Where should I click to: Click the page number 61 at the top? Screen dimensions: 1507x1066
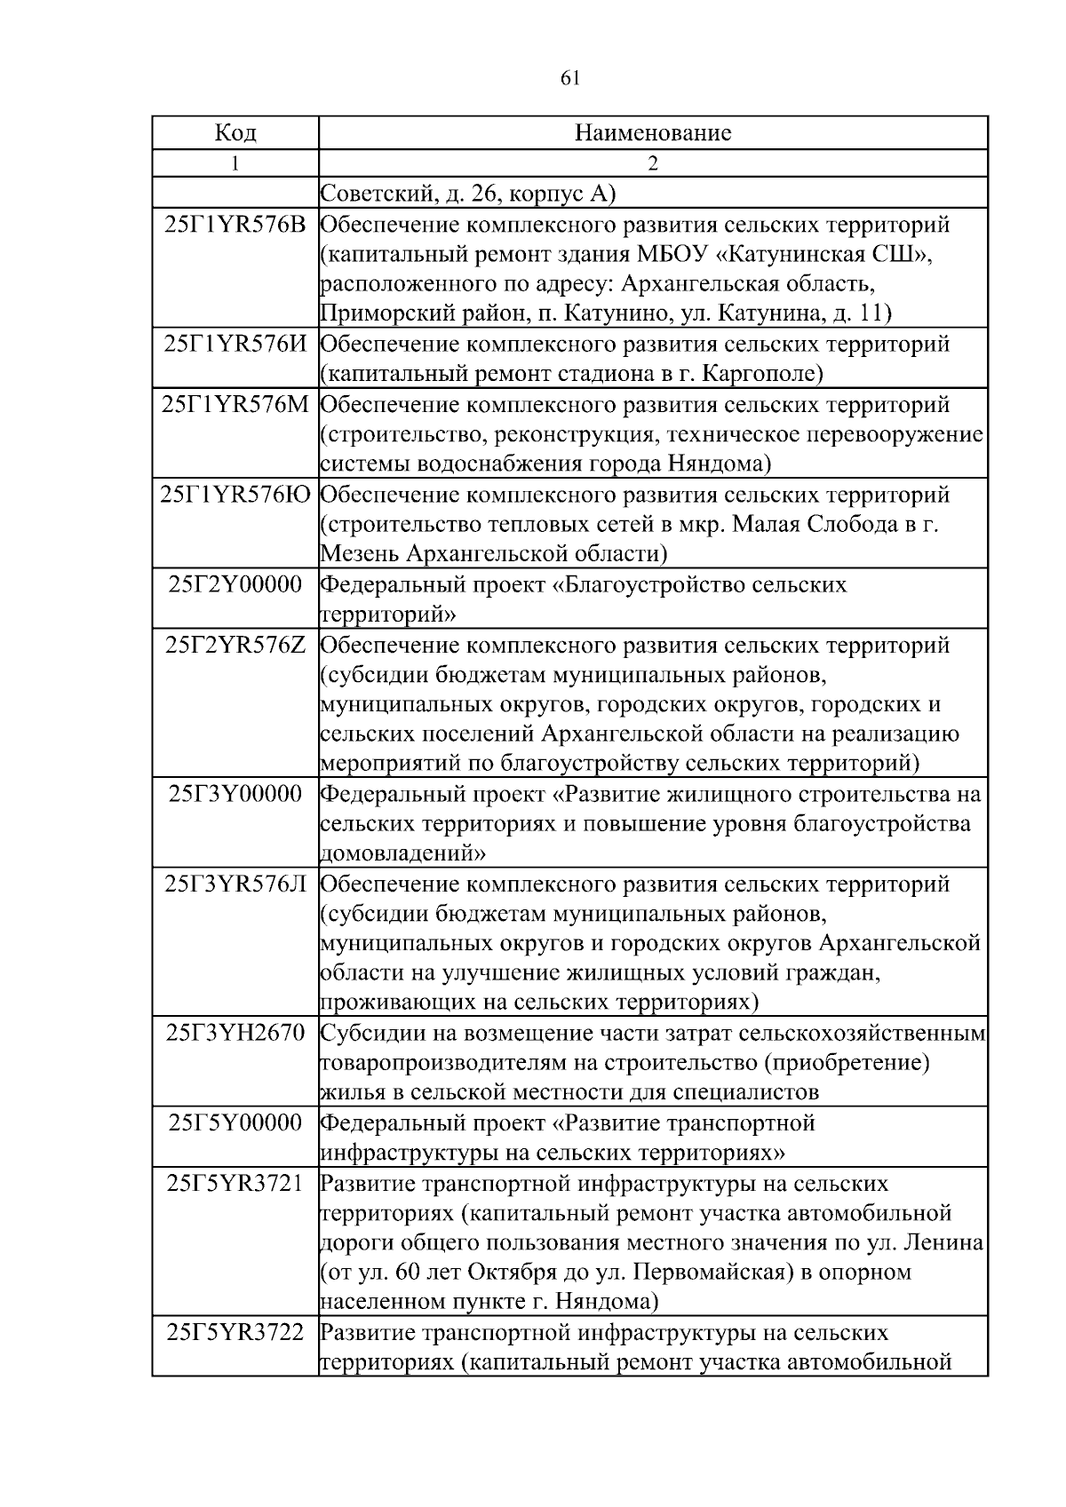tap(570, 78)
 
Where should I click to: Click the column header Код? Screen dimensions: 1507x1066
tap(235, 133)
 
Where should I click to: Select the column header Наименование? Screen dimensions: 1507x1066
tap(653, 133)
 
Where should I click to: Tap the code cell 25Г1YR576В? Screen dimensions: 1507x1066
tap(235, 225)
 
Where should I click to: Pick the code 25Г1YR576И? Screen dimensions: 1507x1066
tap(235, 345)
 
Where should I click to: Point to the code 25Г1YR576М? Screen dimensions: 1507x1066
tap(235, 405)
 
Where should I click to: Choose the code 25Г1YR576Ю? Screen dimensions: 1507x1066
tap(235, 495)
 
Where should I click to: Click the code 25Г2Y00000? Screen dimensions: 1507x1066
tap(235, 584)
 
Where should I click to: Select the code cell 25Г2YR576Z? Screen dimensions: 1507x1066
tap(235, 645)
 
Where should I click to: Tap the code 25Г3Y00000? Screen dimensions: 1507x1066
tap(235, 794)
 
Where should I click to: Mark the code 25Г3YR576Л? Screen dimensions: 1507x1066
tap(235, 884)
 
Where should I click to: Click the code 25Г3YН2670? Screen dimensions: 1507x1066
tap(235, 1033)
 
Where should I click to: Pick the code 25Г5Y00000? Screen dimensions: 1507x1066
tap(235, 1123)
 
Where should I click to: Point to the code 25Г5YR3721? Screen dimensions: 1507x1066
tap(235, 1183)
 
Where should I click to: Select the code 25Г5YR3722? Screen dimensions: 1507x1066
tap(235, 1332)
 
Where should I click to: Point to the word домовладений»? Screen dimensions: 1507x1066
tap(402, 853)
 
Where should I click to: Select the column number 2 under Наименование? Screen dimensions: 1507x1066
tap(653, 163)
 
